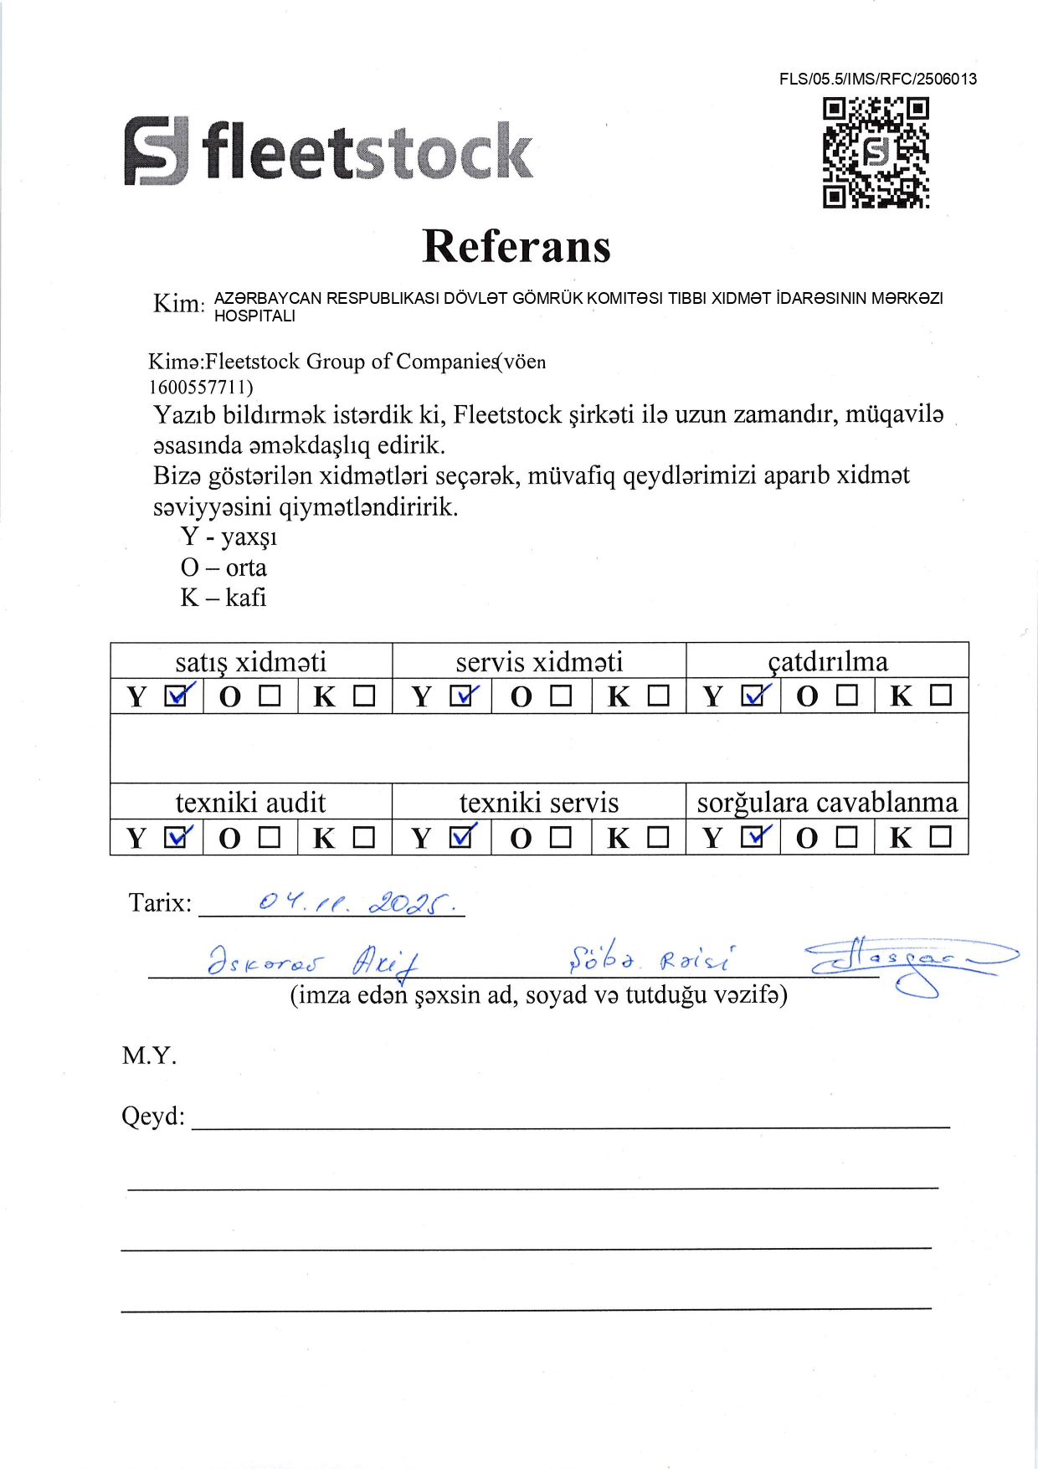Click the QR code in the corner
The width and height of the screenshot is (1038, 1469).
(x=876, y=152)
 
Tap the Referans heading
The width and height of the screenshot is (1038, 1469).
(x=516, y=246)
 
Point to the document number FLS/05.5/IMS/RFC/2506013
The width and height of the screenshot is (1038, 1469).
(x=877, y=80)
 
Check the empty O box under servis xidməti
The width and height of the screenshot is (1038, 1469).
(x=560, y=696)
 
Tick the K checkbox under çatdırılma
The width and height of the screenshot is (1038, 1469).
(x=941, y=696)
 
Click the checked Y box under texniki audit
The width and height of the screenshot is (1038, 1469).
(x=177, y=836)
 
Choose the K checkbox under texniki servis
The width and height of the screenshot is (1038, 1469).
(x=659, y=836)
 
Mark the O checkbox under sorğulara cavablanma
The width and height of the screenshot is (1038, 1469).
(x=847, y=836)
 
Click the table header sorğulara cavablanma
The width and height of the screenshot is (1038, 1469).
(x=827, y=803)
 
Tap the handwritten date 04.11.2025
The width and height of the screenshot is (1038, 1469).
(x=357, y=903)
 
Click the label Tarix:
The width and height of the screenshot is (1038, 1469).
(x=160, y=903)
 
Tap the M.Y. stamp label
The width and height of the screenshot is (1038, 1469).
(x=149, y=1056)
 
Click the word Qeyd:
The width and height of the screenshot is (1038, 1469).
(x=153, y=1117)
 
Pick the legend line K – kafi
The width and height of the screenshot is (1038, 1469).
(x=224, y=598)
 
